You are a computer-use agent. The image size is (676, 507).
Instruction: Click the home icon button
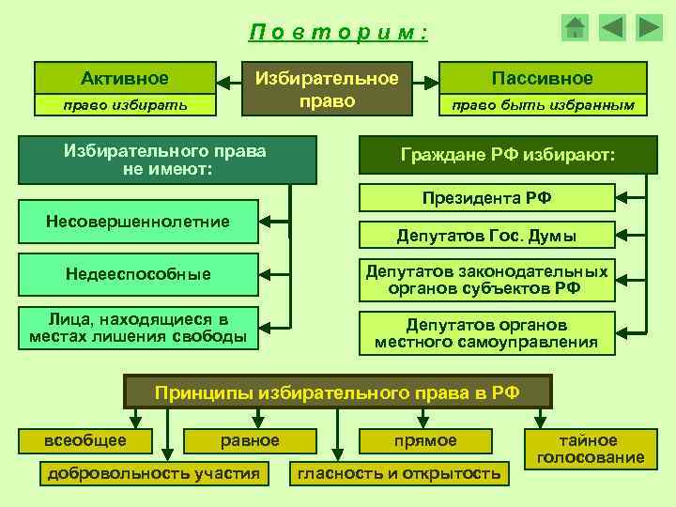coord(576,28)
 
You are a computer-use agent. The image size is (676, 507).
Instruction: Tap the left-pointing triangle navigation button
coord(612,28)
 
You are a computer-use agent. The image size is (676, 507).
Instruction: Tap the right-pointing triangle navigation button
coord(649,28)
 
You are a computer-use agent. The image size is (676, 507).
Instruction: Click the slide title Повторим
coord(339,33)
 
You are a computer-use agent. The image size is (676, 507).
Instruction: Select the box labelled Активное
coord(125,78)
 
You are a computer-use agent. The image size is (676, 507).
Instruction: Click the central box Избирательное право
coord(328,89)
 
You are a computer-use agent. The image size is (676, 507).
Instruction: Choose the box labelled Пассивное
coord(544,78)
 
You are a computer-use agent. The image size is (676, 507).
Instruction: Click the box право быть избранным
coord(544,104)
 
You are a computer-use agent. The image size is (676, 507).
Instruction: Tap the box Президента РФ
coord(486,197)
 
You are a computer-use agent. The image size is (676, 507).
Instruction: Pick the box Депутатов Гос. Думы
coord(486,236)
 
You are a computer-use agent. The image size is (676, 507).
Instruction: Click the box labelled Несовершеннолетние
coord(138,222)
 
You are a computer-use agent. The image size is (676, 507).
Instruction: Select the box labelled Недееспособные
coord(138,274)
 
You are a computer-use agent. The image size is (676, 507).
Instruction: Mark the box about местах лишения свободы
coord(138,328)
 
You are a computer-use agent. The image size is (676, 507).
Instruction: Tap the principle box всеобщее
coord(85,440)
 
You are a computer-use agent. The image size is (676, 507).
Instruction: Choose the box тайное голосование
coord(589,449)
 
